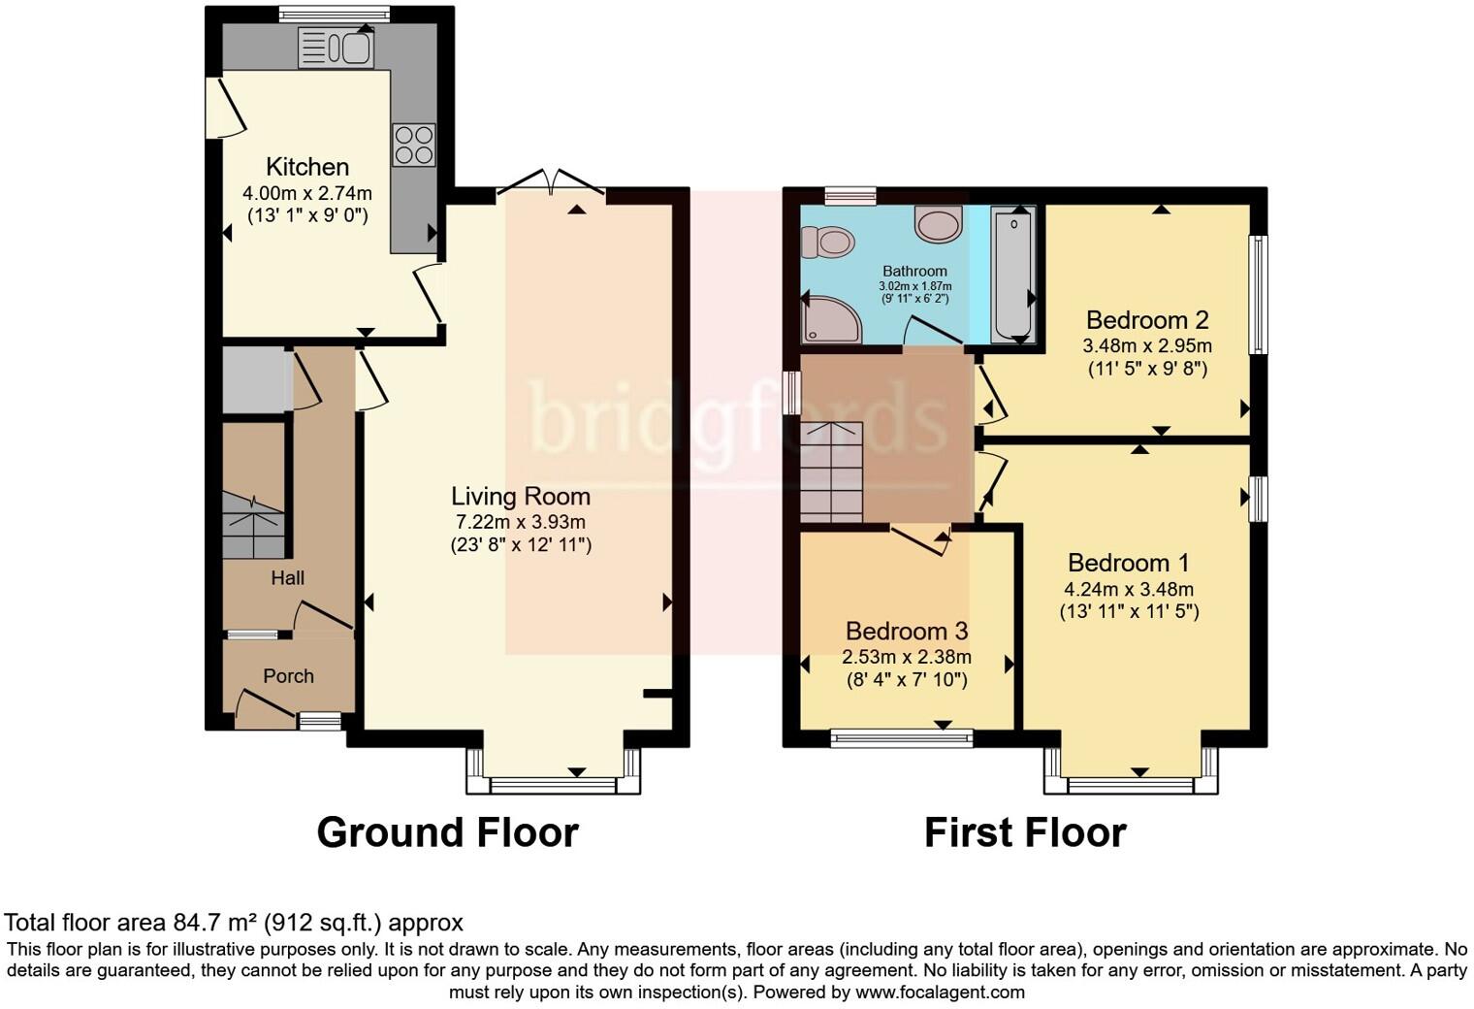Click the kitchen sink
(x=336, y=48)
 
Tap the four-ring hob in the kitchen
(x=413, y=145)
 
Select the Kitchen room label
(x=307, y=167)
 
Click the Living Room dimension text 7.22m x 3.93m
(x=521, y=522)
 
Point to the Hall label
(x=287, y=578)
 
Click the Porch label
(x=288, y=676)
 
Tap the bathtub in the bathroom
(x=1013, y=275)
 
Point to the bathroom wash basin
(x=938, y=224)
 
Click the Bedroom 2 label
(x=1147, y=320)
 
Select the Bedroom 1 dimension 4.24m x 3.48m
(x=1129, y=589)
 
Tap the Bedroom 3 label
(x=907, y=632)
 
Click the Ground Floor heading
(x=447, y=832)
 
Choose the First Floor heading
(x=1025, y=832)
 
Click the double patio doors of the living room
(x=551, y=183)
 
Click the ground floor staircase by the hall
(x=253, y=525)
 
